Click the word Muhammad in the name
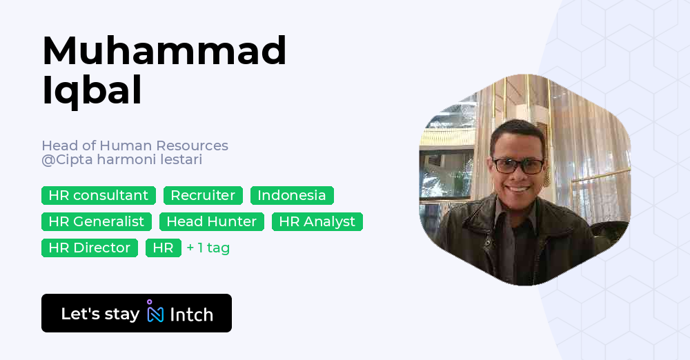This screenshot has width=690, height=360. (164, 51)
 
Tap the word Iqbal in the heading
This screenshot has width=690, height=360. (92, 90)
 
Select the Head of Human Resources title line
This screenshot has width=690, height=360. (135, 146)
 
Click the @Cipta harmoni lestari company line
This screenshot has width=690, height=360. (121, 160)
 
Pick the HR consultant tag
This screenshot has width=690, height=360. (99, 195)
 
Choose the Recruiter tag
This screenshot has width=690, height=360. (203, 195)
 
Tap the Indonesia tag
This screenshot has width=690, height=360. (292, 195)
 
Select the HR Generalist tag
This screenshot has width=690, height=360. (97, 221)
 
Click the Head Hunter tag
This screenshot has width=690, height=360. (212, 221)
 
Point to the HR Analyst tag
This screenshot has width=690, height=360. (317, 221)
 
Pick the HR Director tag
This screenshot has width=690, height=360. (90, 248)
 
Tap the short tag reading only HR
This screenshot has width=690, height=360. (164, 248)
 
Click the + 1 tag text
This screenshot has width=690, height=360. (208, 248)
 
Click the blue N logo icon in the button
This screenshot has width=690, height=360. (155, 313)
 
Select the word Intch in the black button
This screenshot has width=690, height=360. (191, 314)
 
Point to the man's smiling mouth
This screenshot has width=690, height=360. (519, 189)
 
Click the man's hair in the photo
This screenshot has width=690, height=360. (516, 131)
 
